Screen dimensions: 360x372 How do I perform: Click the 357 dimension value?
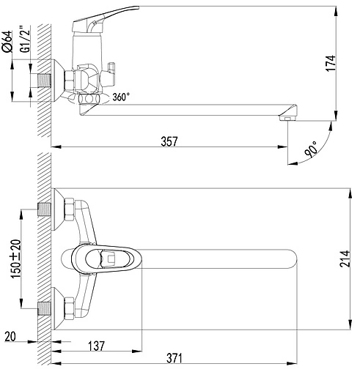pos(169,141)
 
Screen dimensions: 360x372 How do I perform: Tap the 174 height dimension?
pos(331,63)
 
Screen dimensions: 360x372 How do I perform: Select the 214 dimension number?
pos(345,258)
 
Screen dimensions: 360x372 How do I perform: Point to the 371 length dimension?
pos(175,358)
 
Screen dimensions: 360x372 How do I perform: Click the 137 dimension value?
pos(96,346)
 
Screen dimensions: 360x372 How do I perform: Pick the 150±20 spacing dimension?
pos(17,259)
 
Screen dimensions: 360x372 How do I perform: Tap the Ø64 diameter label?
pos(7,41)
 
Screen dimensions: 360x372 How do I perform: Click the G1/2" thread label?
pos(25,39)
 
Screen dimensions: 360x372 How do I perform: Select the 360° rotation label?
pos(121,97)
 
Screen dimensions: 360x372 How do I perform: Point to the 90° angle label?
pos(311,149)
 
